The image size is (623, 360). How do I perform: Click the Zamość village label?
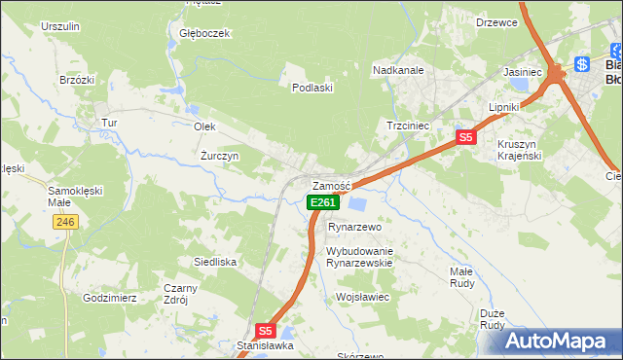point(331,186)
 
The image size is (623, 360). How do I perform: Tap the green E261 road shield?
point(323,202)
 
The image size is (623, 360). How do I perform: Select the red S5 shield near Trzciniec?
point(466,137)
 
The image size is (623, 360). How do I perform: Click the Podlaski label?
point(313,88)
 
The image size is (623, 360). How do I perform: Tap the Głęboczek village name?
point(204,33)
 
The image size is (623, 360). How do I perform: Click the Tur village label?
point(110,123)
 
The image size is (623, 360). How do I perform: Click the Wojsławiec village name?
point(362,297)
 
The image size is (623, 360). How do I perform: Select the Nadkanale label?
point(399,70)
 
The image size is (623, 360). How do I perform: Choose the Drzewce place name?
point(496,22)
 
